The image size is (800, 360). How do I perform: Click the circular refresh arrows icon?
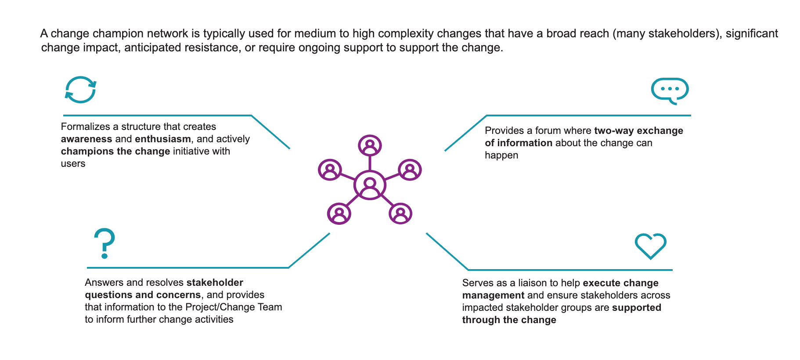80,90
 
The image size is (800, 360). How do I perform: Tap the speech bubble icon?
670,90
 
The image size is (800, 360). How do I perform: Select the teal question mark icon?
105,243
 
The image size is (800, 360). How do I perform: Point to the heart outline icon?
650,245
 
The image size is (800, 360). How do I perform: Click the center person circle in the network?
370,185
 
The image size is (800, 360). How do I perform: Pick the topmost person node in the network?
370,145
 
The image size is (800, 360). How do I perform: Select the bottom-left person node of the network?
339,214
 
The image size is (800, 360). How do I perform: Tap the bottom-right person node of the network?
400,214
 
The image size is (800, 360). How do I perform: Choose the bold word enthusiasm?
163,139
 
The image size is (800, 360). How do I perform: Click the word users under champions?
73,164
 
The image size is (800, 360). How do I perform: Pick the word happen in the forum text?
501,155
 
